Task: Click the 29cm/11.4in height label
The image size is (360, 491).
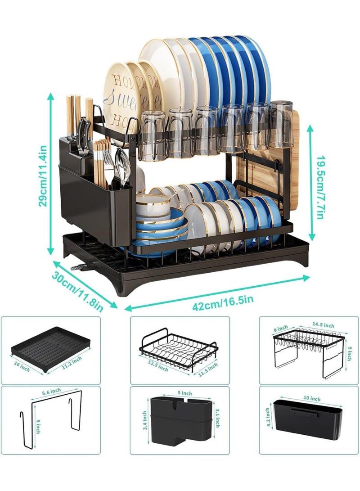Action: click(x=43, y=175)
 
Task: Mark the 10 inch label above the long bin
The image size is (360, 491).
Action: click(x=312, y=399)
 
